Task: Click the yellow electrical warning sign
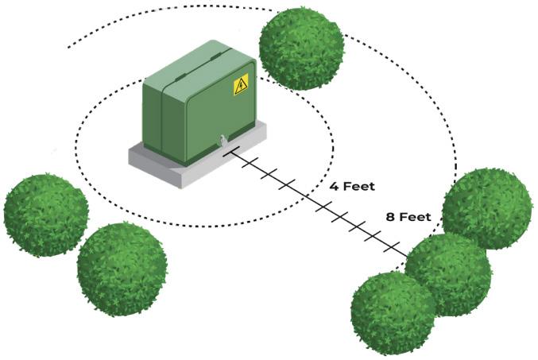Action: pyautogui.click(x=240, y=84)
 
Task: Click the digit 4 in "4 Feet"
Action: pyautogui.click(x=334, y=187)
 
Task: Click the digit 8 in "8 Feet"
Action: pyautogui.click(x=390, y=216)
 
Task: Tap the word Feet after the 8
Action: pyautogui.click(x=416, y=216)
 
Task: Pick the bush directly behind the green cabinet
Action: pyautogui.click(x=301, y=48)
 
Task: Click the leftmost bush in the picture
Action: pyautogui.click(x=45, y=213)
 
